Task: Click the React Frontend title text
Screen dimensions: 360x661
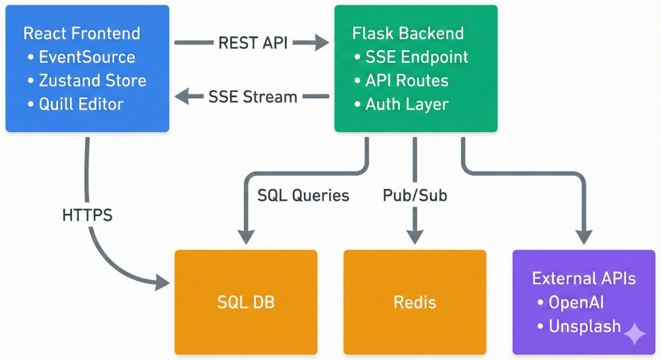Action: pyautogui.click(x=81, y=33)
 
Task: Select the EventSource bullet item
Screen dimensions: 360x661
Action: pyautogui.click(x=87, y=57)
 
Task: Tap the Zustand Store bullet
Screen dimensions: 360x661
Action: pyautogui.click(x=92, y=81)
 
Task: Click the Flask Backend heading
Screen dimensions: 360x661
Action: pyautogui.click(x=408, y=33)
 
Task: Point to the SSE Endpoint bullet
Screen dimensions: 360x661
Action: pyautogui.click(x=416, y=57)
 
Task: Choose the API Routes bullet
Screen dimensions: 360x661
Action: pyautogui.click(x=407, y=81)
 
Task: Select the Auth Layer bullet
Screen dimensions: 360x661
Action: pyautogui.click(x=407, y=104)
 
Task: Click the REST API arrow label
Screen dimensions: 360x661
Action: pyautogui.click(x=252, y=44)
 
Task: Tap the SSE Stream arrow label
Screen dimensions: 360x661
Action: pyautogui.click(x=253, y=97)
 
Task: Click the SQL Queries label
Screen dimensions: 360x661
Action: pyautogui.click(x=303, y=196)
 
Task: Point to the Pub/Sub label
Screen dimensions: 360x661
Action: pyautogui.click(x=415, y=196)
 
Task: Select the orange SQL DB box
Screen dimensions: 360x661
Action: pyautogui.click(x=246, y=302)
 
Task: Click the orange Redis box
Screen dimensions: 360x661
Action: pyautogui.click(x=415, y=302)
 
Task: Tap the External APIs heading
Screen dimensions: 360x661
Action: pyautogui.click(x=584, y=278)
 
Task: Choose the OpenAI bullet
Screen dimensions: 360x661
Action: pyautogui.click(x=576, y=303)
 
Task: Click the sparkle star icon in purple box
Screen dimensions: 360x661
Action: pyautogui.click(x=635, y=334)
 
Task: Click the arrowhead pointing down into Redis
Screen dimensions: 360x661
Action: pyautogui.click(x=415, y=236)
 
